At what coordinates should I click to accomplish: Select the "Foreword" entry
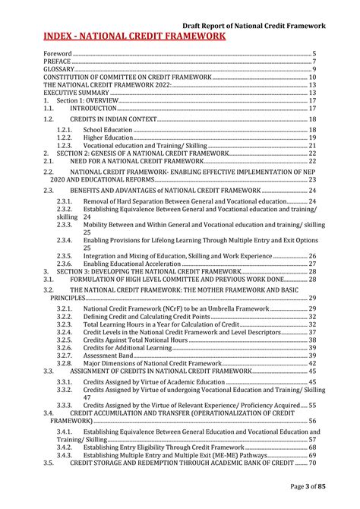[57, 54]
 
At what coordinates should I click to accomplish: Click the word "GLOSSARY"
[60, 69]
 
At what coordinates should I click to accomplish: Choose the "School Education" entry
[108, 130]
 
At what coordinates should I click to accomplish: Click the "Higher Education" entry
[108, 138]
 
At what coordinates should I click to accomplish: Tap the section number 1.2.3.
[65, 145]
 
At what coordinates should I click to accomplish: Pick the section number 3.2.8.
[65, 363]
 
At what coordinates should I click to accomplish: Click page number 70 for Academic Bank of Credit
[311, 463]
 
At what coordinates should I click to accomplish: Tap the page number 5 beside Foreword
[314, 54]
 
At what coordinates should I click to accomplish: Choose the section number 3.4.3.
[65, 454]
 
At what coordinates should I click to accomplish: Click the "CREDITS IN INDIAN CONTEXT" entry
[112, 120]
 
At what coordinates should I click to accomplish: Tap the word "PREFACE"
[57, 62]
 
